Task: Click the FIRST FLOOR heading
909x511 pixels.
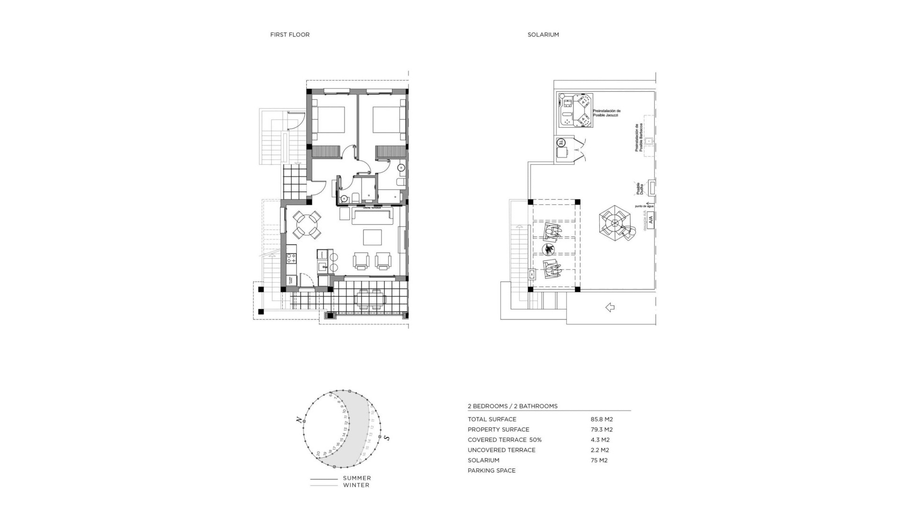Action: coord(290,35)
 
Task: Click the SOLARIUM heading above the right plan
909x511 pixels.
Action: coord(543,35)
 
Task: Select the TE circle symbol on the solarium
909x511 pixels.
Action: coord(561,142)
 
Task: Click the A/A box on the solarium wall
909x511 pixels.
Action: coord(650,220)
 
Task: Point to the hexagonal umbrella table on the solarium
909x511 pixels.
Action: coord(615,222)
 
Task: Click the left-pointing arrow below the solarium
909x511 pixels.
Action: coord(610,308)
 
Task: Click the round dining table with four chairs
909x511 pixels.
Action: coord(307,225)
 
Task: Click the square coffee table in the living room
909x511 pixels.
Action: coord(373,237)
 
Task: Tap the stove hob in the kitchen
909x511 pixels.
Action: coord(291,258)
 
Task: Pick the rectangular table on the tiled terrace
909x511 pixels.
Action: coord(371,300)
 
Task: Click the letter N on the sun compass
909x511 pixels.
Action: coord(298,419)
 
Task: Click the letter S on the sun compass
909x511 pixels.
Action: coord(387,438)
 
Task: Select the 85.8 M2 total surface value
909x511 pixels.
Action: coord(601,419)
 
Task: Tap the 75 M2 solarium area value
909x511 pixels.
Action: coord(599,460)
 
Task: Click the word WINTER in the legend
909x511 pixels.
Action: coord(356,485)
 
